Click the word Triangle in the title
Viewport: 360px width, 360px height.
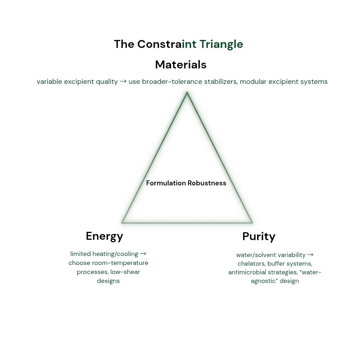click(221, 44)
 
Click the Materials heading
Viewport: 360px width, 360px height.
click(181, 64)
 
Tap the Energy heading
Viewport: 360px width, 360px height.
click(104, 236)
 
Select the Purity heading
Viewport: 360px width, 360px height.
click(258, 237)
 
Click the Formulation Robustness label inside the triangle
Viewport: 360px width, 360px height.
click(186, 183)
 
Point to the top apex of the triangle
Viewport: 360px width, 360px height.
click(187, 93)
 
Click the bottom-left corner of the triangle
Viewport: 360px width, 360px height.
click(122, 222)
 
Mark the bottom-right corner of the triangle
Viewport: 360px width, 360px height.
click(252, 222)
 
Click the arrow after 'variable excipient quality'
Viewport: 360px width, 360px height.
click(123, 82)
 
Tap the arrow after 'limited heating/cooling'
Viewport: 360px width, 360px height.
click(143, 254)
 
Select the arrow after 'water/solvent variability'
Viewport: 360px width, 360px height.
click(310, 255)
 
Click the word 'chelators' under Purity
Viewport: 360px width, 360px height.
click(251, 264)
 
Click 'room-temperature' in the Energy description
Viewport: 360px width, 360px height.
click(121, 263)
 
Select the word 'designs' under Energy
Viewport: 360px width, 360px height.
click(108, 281)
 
